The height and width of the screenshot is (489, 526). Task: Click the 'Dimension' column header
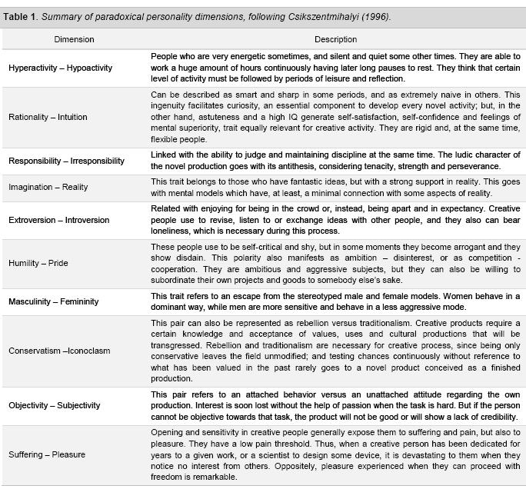tap(75, 39)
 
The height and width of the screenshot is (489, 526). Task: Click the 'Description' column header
tap(335, 39)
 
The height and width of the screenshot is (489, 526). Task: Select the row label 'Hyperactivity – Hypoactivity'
tap(60, 68)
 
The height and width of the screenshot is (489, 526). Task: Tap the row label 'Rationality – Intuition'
tap(48, 117)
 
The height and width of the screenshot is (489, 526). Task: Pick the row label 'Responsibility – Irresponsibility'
tap(66, 161)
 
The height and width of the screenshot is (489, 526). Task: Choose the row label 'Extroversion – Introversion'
tap(60, 220)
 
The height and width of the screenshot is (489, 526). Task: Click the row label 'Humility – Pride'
tap(38, 263)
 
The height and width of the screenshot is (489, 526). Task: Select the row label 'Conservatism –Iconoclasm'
tap(59, 351)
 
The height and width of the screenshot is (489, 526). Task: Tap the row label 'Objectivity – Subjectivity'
tap(55, 405)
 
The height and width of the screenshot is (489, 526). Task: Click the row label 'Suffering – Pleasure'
tap(46, 454)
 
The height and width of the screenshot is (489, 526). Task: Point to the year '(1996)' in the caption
tap(377, 17)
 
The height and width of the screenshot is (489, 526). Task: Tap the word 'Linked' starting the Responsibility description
tap(163, 155)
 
